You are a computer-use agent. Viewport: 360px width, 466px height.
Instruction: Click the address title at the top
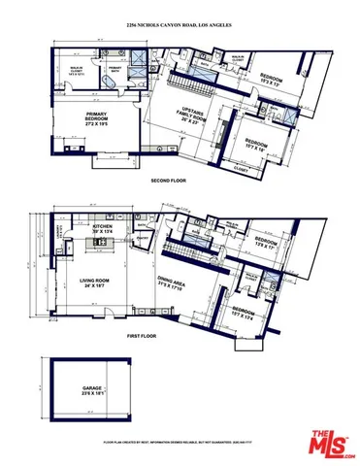(180, 26)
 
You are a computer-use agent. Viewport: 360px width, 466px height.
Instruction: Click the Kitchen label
(105, 231)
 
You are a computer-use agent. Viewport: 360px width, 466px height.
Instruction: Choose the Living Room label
(95, 284)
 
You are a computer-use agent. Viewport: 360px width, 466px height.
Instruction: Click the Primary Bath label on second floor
(115, 69)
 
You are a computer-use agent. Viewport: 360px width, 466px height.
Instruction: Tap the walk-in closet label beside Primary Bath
(70, 69)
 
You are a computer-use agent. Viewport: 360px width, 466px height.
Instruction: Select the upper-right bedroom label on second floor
(268, 81)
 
